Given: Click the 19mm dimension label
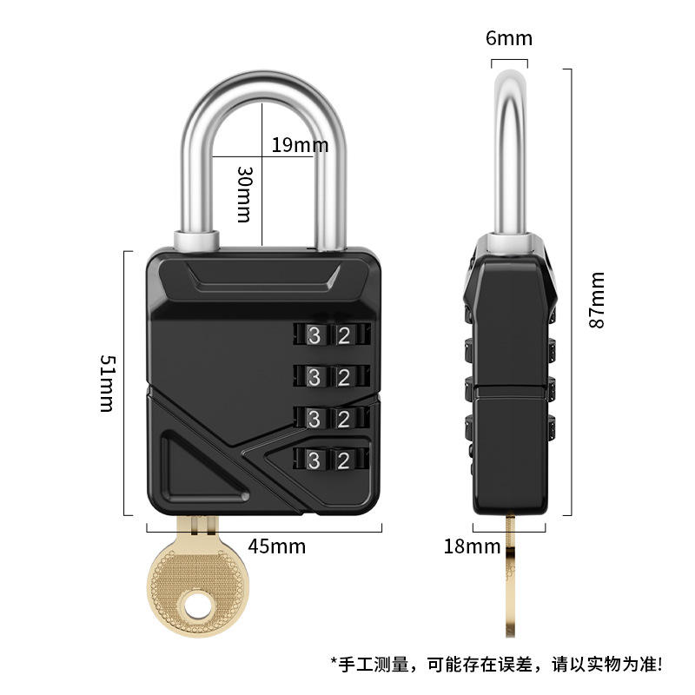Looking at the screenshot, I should pos(299,144).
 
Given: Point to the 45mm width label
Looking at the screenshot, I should pos(276,546).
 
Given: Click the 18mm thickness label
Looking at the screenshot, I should pos(472,546).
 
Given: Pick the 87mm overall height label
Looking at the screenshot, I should pos(597,300).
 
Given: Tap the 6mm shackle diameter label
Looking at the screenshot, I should pos(508,38).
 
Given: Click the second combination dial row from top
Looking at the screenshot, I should pos(331,377).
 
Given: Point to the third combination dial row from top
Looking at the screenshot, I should pos(331,419).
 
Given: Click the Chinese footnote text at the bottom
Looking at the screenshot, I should pos(495,665).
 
